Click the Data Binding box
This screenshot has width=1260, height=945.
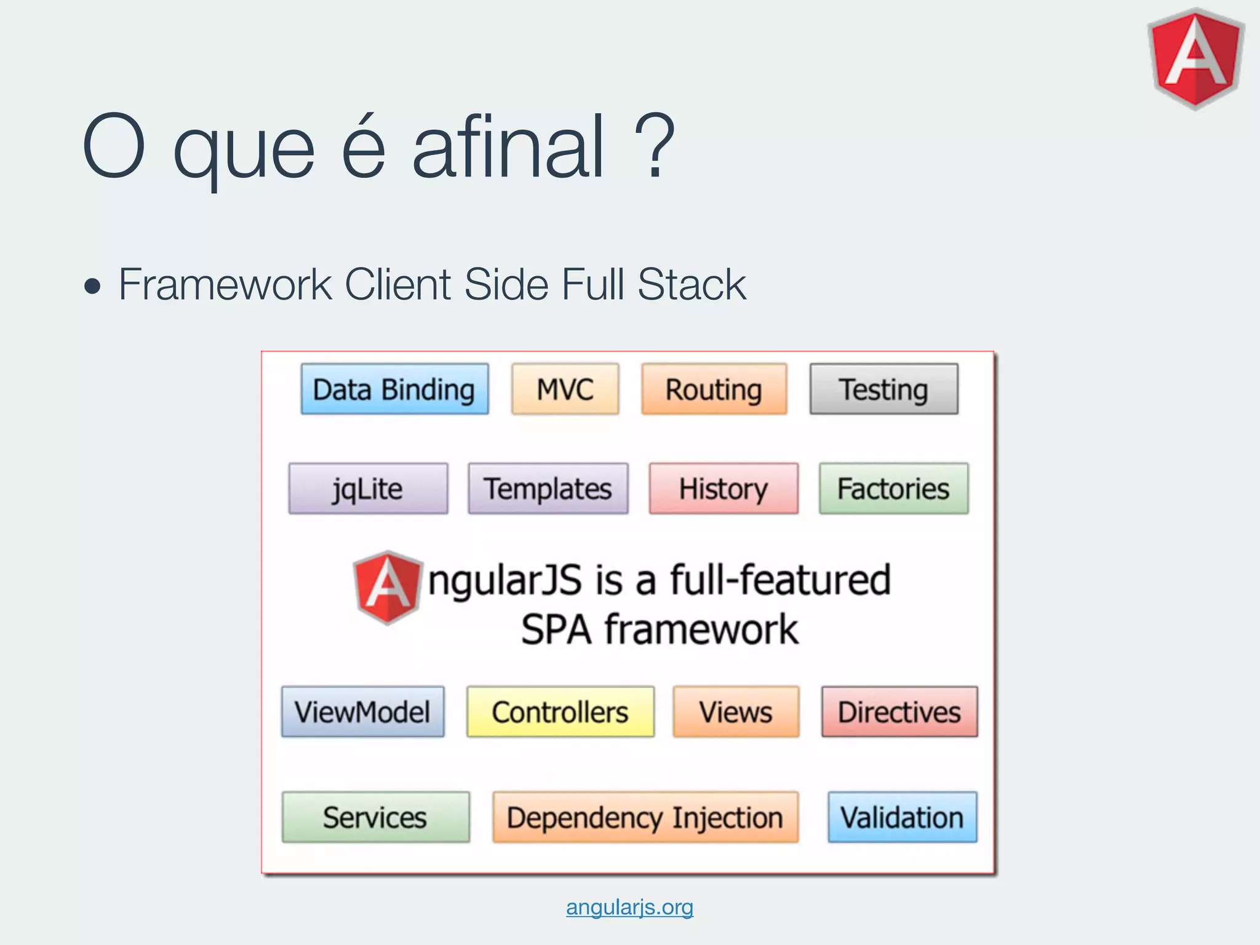coord(394,389)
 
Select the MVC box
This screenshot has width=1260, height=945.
coord(565,389)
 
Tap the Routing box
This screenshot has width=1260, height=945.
coord(714,389)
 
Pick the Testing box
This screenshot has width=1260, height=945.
coord(883,389)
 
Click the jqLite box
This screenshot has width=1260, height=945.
coord(368,488)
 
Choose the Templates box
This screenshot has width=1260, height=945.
coord(548,488)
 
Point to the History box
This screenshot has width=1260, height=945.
coord(724,488)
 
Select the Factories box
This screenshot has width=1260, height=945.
coord(893,488)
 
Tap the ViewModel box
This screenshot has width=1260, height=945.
coord(362,712)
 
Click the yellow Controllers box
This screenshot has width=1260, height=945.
coord(560,712)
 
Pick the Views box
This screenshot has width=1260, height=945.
coord(736,712)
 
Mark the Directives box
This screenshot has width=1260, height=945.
coord(899,712)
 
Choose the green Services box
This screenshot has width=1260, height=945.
coord(375,817)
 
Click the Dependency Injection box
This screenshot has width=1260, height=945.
coord(645,817)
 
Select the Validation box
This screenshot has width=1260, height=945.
coord(902,817)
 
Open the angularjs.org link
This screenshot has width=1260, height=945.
coord(629,907)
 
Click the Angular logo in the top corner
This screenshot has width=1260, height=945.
coord(1195,58)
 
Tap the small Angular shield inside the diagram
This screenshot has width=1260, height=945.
coord(388,587)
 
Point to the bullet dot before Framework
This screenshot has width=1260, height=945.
coord(92,286)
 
